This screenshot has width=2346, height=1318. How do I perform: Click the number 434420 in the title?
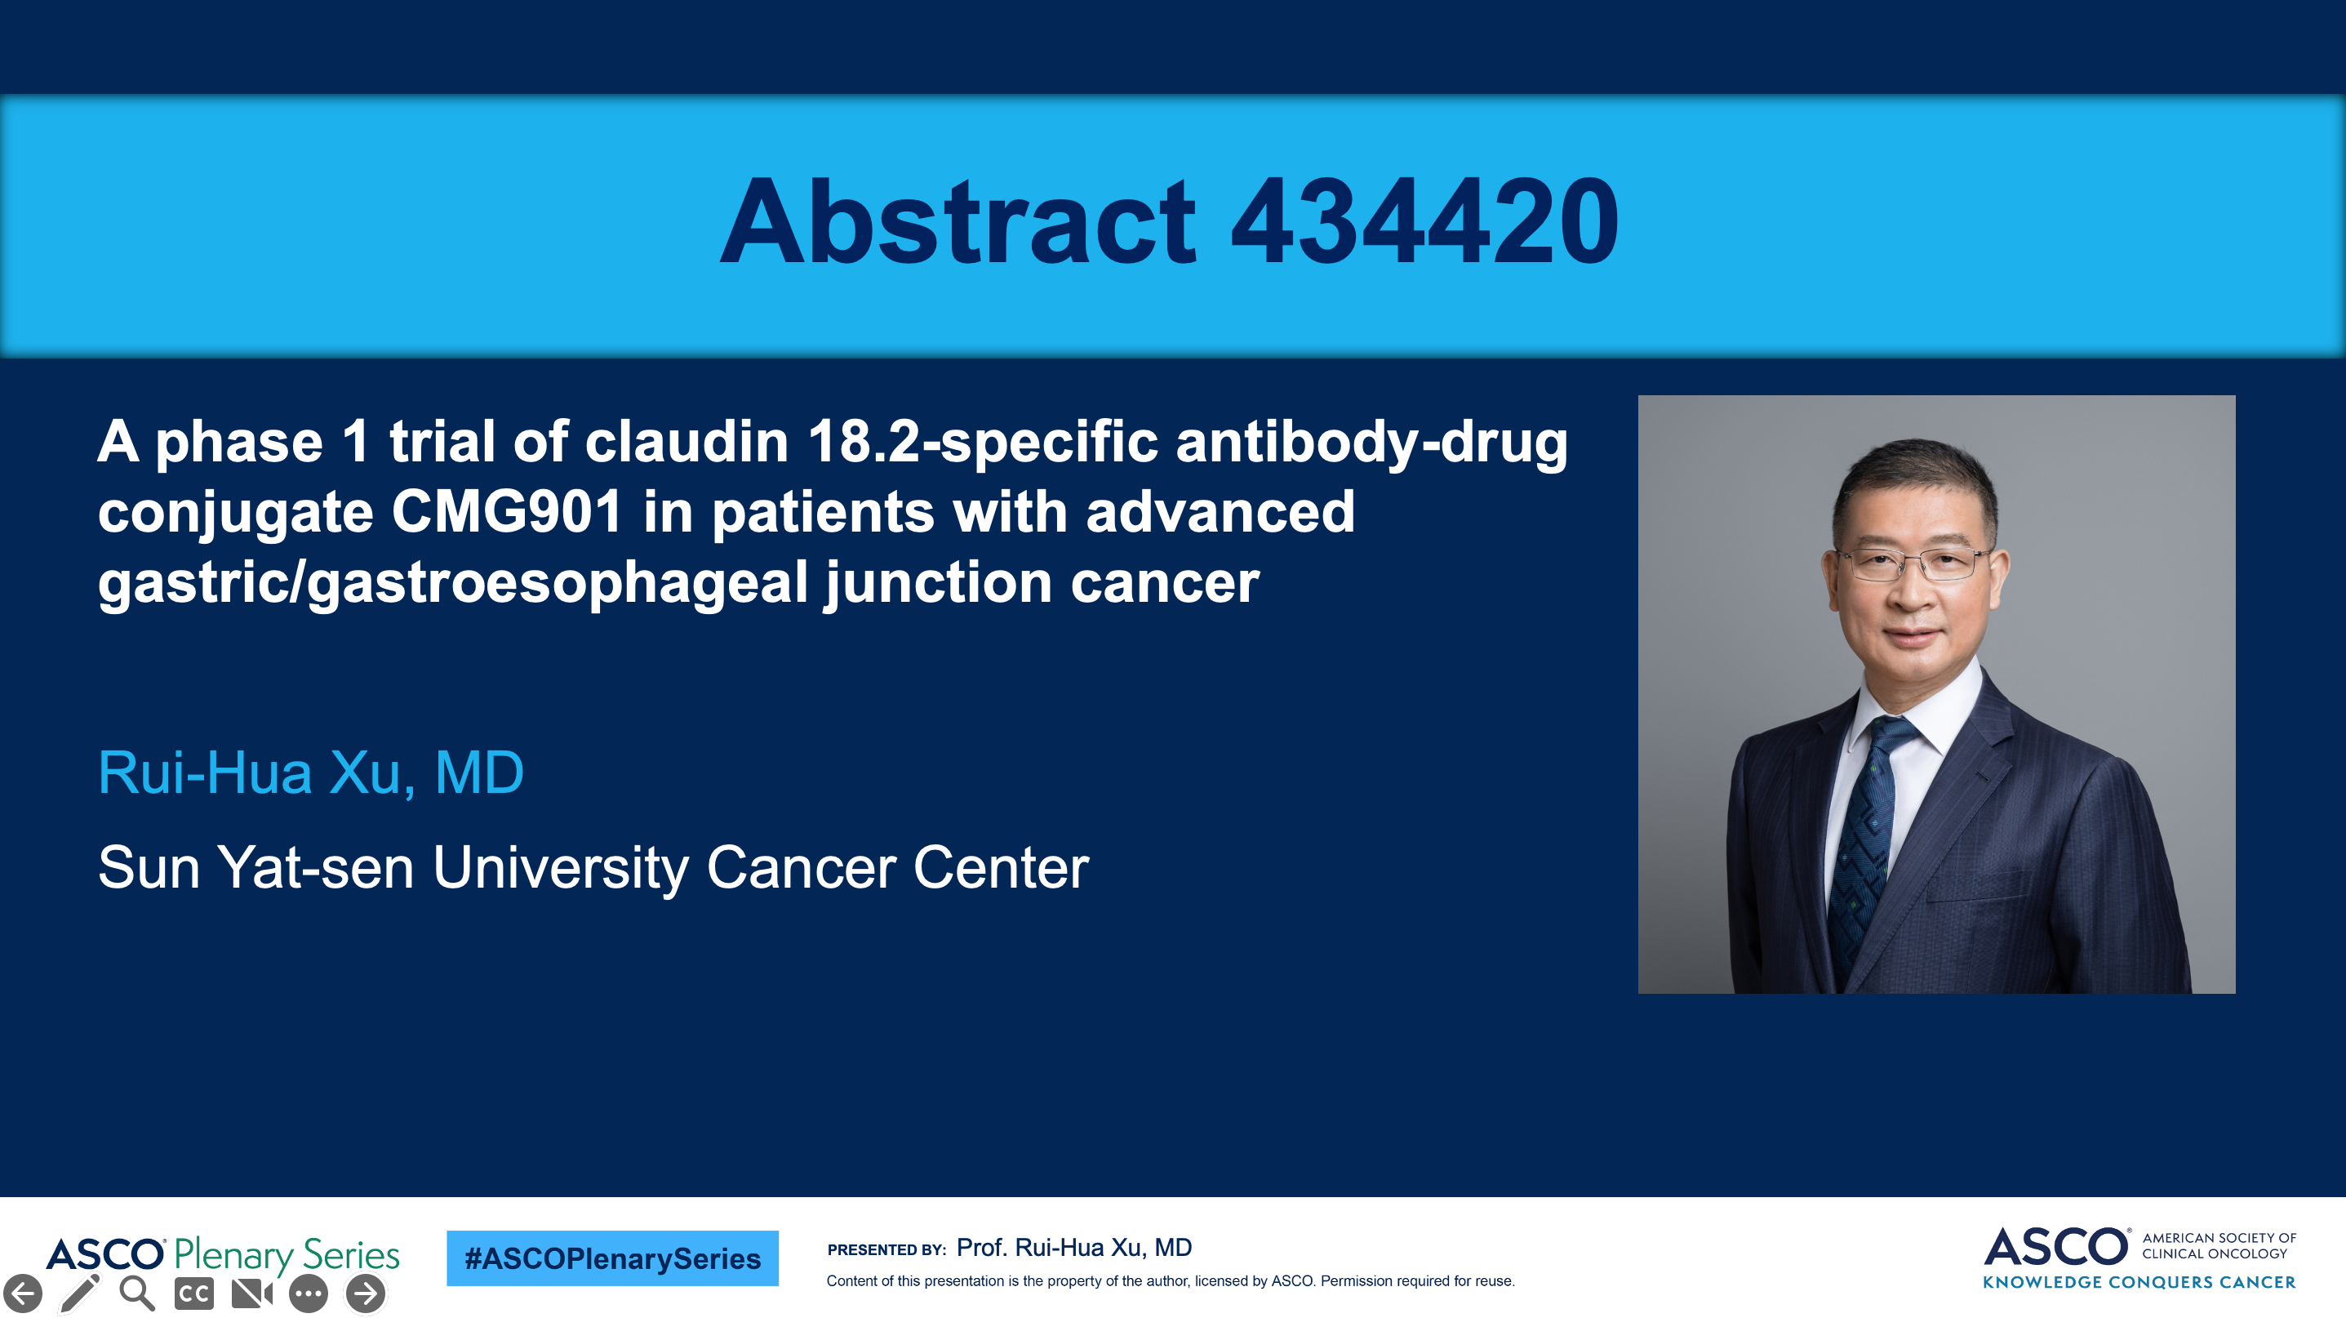[x=1424, y=221]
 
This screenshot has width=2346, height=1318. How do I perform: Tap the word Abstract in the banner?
[x=958, y=221]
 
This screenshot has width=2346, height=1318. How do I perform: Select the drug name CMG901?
[x=507, y=512]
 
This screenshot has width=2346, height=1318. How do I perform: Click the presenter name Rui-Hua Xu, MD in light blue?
[x=310, y=773]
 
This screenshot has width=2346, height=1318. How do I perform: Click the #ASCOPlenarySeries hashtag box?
[x=612, y=1258]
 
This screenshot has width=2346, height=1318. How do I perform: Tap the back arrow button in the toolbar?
[x=23, y=1294]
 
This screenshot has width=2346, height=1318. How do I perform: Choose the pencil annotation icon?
[x=79, y=1294]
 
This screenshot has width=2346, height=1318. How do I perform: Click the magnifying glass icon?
[x=136, y=1294]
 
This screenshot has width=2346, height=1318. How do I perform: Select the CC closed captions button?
[x=194, y=1294]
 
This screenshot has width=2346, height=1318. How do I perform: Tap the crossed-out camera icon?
[x=252, y=1294]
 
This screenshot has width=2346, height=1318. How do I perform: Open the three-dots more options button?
[x=309, y=1294]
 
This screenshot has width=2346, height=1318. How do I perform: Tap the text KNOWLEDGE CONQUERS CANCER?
[x=2139, y=1281]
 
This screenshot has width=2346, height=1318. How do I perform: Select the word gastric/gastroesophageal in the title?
[x=452, y=583]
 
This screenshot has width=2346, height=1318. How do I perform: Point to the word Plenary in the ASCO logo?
[x=234, y=1255]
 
